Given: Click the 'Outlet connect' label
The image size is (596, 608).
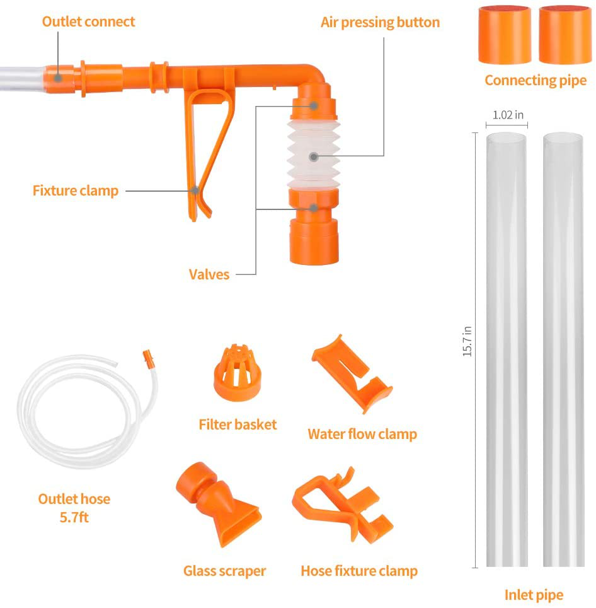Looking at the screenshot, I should [x=88, y=21].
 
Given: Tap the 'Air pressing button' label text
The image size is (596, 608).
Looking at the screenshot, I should [x=380, y=23].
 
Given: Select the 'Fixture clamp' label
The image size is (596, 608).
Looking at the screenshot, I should [x=76, y=190].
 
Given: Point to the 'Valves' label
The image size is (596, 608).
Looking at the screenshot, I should [x=209, y=274].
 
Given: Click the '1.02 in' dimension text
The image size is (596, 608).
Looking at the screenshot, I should [x=507, y=115].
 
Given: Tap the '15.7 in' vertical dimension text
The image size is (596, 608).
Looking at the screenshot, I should [x=467, y=341].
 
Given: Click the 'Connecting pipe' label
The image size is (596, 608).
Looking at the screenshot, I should [x=535, y=81].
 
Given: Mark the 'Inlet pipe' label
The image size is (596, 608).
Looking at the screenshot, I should [x=534, y=594].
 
